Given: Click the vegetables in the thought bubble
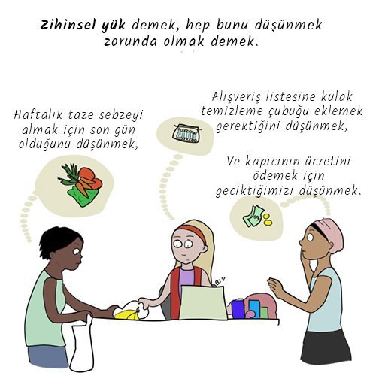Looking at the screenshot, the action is point(80,184).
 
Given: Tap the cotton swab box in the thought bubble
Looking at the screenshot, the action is point(185,133).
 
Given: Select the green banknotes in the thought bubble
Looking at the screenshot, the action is point(252,217).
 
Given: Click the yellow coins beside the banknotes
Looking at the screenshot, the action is point(267,220).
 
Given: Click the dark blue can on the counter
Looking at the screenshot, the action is point(238,309).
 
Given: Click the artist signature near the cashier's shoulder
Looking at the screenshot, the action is point(220,280).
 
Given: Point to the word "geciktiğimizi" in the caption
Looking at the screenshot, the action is point(254,192).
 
